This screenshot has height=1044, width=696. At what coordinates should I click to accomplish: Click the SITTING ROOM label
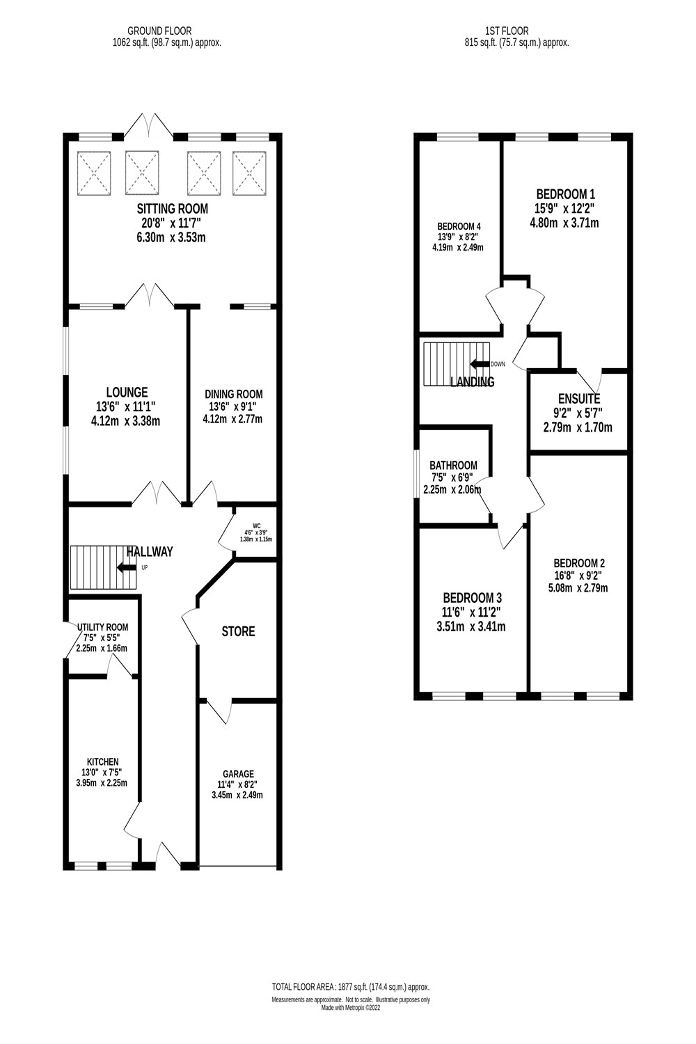click(x=172, y=208)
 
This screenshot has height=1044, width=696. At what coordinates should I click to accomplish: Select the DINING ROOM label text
click(x=233, y=394)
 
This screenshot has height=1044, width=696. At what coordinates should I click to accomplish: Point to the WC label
click(x=256, y=526)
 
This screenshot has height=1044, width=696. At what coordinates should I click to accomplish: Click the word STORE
click(x=238, y=631)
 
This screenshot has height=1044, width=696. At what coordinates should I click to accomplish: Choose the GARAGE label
click(x=238, y=774)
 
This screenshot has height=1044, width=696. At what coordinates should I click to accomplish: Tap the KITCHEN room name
click(x=102, y=762)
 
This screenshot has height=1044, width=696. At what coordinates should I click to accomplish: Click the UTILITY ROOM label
click(x=102, y=627)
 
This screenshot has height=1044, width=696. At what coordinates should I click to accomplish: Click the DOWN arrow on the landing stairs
click(x=480, y=364)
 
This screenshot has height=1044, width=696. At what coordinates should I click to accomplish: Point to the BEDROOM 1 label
click(x=565, y=194)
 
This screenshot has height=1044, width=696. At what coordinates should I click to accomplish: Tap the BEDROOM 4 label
click(x=459, y=226)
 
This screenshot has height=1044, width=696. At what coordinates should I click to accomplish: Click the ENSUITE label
click(x=578, y=399)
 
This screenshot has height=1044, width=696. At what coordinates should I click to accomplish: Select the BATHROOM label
click(x=453, y=465)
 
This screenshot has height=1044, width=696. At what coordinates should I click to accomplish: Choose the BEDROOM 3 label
click(x=472, y=598)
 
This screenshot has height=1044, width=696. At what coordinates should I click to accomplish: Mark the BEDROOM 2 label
click(x=579, y=563)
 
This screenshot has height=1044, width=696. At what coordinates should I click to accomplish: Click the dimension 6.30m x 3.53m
click(x=172, y=237)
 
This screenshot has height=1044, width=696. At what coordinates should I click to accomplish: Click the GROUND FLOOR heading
click(x=159, y=31)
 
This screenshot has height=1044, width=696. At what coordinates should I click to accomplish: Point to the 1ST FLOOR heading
click(x=507, y=31)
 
